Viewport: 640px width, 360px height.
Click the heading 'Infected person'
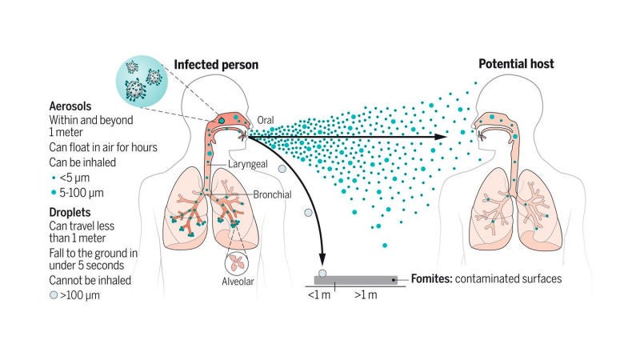[x=215, y=63]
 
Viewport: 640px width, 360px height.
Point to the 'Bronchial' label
[x=271, y=194]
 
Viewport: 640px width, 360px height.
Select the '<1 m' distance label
[x=318, y=295]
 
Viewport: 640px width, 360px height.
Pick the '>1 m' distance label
[x=366, y=295]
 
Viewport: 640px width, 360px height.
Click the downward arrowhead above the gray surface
[x=322, y=258]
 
